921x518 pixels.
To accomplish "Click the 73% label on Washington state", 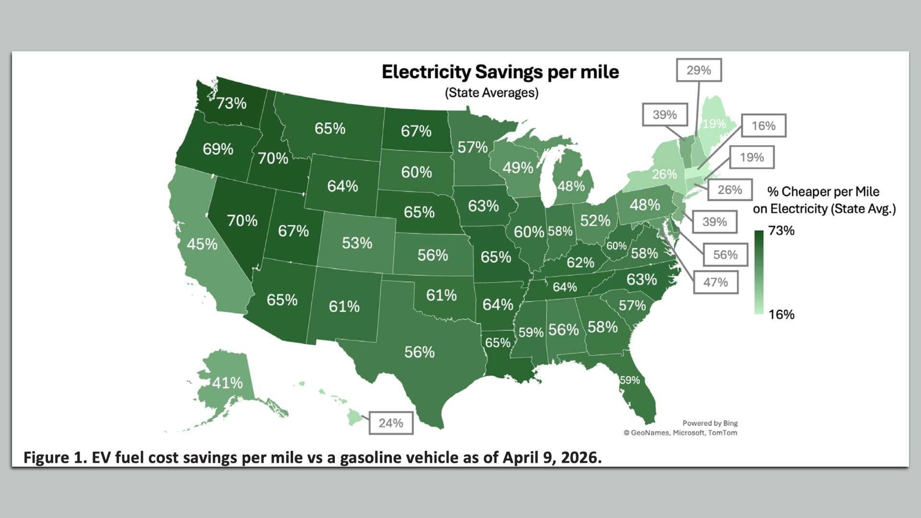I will click(x=231, y=103).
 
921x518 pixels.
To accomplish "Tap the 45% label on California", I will click(x=202, y=244).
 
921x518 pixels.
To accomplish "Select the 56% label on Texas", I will click(x=419, y=352).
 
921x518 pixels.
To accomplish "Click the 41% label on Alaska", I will click(x=227, y=383).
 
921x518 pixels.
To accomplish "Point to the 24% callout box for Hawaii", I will click(x=390, y=423).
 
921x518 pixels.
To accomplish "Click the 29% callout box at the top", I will click(x=698, y=71).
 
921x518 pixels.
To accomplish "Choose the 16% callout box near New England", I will click(x=763, y=126).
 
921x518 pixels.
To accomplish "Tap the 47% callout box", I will click(x=715, y=282).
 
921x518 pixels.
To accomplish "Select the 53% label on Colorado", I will click(x=357, y=243).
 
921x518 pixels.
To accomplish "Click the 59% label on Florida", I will click(x=630, y=380).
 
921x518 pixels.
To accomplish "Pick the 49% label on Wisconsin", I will click(x=518, y=167).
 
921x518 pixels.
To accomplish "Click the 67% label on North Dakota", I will click(x=416, y=131).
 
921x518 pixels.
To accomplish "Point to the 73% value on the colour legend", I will click(x=781, y=231).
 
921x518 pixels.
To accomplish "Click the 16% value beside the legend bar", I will click(x=781, y=315).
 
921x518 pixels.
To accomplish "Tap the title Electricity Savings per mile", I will click(x=500, y=72).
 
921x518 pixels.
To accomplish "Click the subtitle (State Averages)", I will click(x=492, y=93).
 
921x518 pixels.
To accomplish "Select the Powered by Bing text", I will click(x=710, y=423).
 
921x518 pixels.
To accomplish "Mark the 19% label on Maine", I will click(x=714, y=124).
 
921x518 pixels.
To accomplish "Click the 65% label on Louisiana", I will click(x=497, y=342).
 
